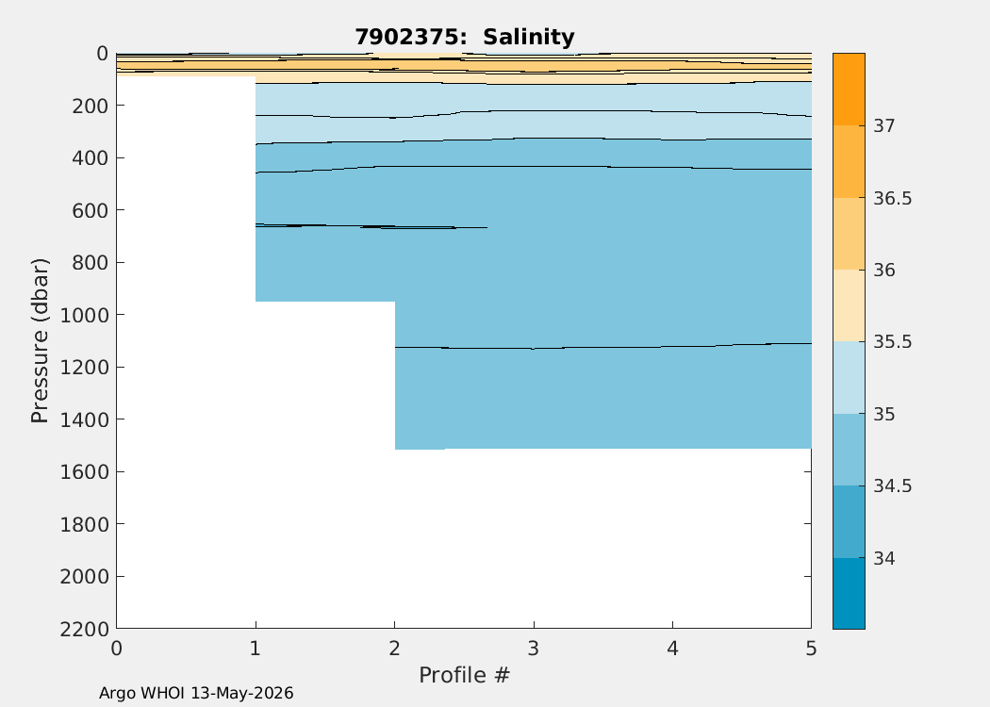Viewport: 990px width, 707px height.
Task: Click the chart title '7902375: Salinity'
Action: [465, 38]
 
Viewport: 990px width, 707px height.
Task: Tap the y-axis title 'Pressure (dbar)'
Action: [40, 341]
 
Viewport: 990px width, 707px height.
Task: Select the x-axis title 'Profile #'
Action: [464, 675]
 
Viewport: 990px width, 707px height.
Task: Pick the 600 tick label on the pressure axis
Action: [90, 209]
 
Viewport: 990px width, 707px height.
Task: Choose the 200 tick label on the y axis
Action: [90, 106]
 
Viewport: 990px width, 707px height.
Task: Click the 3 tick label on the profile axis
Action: [534, 649]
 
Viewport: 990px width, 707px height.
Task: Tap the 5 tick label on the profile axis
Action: [811, 649]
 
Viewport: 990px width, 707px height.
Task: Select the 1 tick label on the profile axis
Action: [256, 649]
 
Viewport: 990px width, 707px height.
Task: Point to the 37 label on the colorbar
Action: [884, 125]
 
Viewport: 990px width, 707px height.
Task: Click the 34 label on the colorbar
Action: [884, 558]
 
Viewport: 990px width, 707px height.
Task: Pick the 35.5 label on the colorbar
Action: [893, 342]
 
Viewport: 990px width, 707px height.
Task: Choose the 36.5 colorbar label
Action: [893, 198]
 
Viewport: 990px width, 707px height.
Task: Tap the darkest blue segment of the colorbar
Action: [849, 593]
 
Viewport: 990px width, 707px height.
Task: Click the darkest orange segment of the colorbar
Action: [849, 89]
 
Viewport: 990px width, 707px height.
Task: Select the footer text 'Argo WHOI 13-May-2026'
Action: [196, 693]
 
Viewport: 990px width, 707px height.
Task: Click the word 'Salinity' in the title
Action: [529, 38]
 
